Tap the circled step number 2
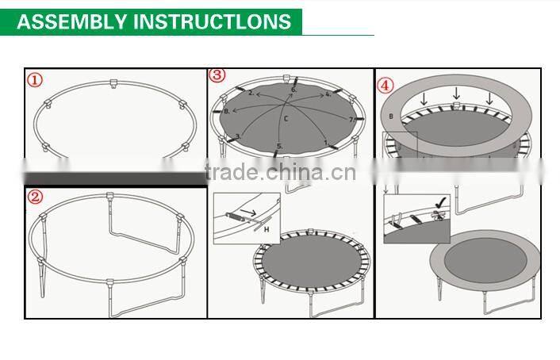pos(36,197)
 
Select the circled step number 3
pos(217,75)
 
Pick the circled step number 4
pos(385,84)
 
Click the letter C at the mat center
pos(286,119)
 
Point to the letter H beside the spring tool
pos(267,229)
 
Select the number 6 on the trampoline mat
pos(293,90)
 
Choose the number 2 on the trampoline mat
pos(251,94)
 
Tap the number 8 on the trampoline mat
pos(226,112)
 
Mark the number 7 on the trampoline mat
pos(351,119)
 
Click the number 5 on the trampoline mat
pos(278,146)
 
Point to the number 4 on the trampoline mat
pos(328,94)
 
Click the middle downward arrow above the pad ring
pos(458,98)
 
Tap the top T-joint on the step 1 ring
pos(112,82)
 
